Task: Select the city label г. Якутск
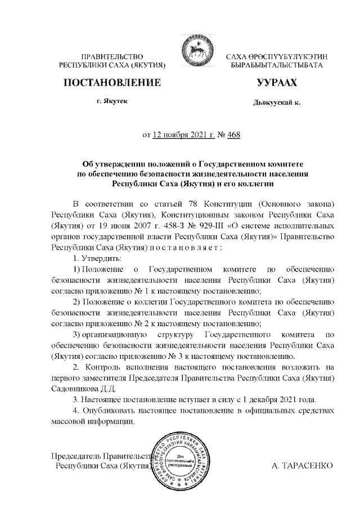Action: click(x=112, y=102)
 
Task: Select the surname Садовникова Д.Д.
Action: click(x=76, y=389)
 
